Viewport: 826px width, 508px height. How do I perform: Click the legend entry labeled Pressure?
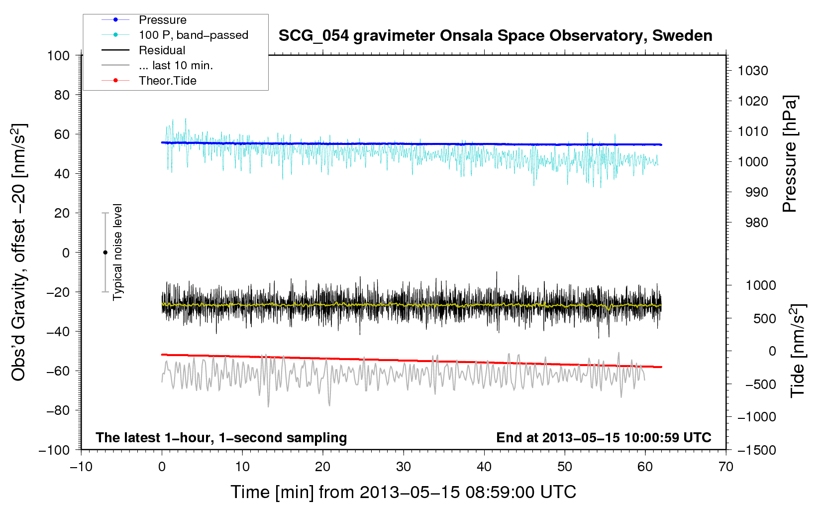coord(162,20)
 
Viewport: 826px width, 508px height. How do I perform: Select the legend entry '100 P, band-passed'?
coord(193,35)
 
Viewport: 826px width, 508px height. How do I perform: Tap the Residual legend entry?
coord(162,50)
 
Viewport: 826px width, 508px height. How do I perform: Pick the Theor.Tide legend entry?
coord(167,81)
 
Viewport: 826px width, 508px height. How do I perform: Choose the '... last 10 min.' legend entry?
coord(176,65)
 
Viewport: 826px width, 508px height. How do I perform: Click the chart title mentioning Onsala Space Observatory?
coord(495,36)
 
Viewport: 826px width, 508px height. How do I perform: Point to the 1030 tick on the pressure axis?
coord(752,71)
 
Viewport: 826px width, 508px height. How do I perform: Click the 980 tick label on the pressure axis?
coord(756,223)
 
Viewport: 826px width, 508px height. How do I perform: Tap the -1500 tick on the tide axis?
coord(756,450)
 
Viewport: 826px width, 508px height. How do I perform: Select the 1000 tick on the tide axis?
coord(760,285)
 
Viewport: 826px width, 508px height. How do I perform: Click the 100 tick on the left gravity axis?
coord(58,55)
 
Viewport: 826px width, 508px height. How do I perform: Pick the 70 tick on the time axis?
coord(726,467)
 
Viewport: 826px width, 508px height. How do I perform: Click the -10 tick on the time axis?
coord(81,467)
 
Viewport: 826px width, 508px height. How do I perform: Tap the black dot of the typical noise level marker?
coord(105,253)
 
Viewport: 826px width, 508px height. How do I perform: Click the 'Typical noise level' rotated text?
coord(117,252)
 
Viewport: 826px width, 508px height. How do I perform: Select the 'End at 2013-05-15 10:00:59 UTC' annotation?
coord(604,437)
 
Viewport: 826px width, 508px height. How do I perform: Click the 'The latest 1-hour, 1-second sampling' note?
coord(221,437)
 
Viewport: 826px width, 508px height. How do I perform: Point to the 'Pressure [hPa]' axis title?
coord(790,154)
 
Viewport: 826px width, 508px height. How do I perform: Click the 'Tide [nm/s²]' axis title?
coord(798,352)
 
